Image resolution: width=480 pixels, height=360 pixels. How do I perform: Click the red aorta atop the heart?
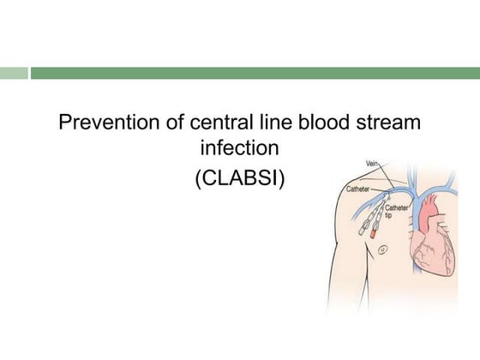(x=427, y=206)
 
